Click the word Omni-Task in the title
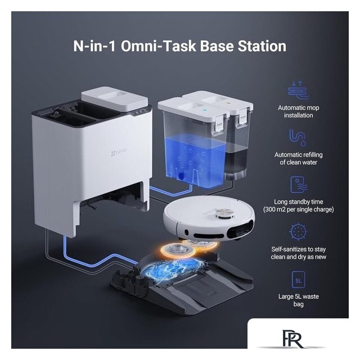[159, 46]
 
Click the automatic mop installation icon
[298, 90]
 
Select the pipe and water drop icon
[298, 137]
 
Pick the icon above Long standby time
[299, 184]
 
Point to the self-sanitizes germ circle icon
[298, 231]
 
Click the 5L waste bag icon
[299, 280]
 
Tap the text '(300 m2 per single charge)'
[298, 209]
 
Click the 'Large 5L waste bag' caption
[299, 300]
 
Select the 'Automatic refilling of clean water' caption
[299, 159]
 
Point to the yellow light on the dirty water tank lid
[229, 103]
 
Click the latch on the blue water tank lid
[220, 124]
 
